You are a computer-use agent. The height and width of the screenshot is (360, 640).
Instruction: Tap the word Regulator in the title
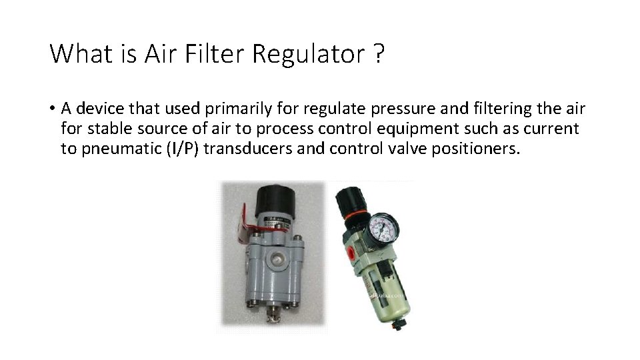[307, 53]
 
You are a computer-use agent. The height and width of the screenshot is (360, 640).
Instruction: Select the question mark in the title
[379, 53]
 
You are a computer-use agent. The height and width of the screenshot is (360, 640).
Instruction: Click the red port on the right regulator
[349, 254]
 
